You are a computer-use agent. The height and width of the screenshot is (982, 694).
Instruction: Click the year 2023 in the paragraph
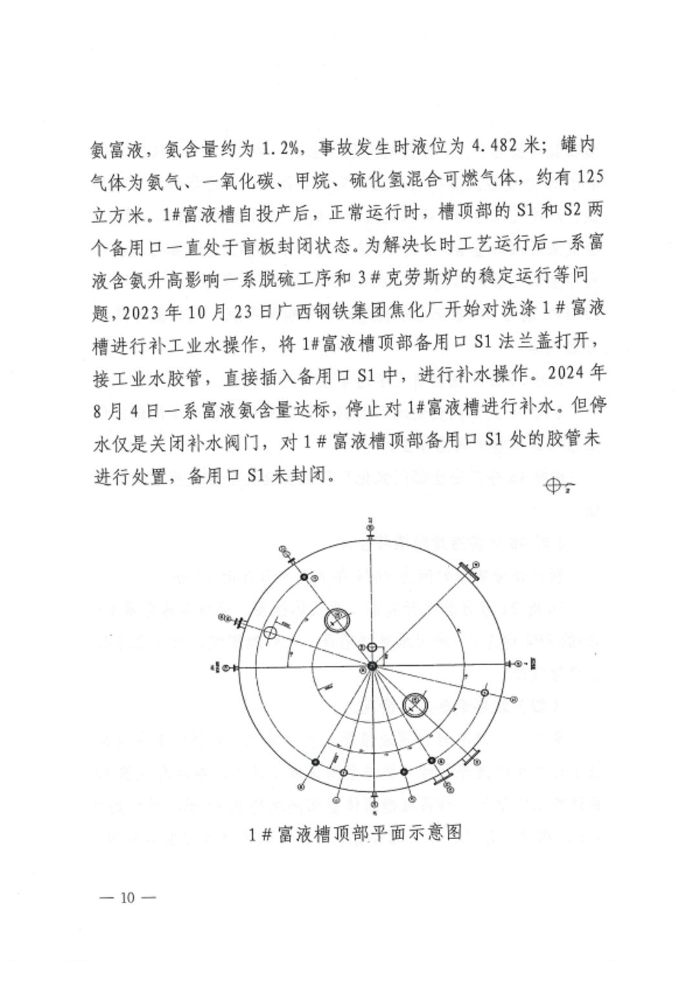[145, 309]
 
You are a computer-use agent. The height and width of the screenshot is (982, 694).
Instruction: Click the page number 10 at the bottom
[127, 897]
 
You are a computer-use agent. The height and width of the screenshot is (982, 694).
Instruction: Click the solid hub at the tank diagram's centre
[372, 667]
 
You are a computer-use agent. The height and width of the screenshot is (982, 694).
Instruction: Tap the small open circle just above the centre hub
[372, 648]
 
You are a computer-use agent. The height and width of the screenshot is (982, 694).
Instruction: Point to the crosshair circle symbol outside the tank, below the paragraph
[553, 487]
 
